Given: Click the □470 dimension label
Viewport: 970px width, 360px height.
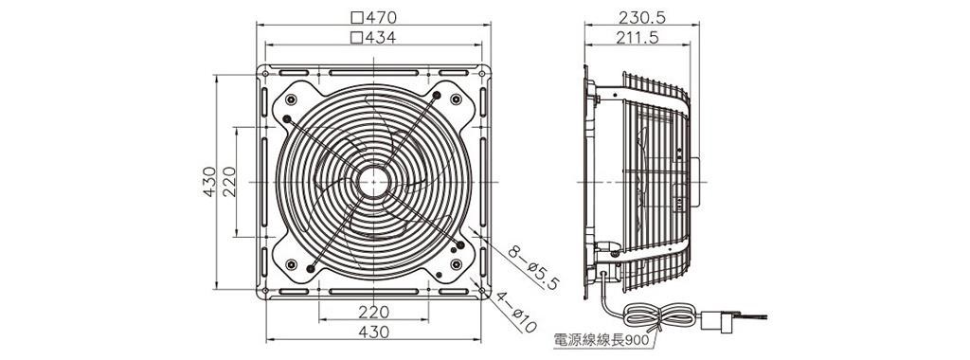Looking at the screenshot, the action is click(373, 17).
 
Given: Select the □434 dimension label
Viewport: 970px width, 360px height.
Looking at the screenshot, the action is click(373, 37).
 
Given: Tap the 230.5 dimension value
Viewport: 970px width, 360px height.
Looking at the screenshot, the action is click(642, 17).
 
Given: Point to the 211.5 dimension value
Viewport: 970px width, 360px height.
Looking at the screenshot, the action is click(638, 37).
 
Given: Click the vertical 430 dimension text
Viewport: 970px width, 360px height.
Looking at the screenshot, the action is click(209, 182).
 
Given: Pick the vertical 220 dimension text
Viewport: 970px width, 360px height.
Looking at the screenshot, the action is click(229, 182).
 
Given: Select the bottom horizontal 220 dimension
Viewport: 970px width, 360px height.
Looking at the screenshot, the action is click(373, 312).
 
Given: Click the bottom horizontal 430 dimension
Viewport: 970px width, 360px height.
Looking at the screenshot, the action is click(373, 333).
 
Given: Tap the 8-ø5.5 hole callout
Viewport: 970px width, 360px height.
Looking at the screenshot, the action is click(533, 267).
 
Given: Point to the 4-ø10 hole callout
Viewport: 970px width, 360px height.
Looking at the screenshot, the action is click(516, 312).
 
